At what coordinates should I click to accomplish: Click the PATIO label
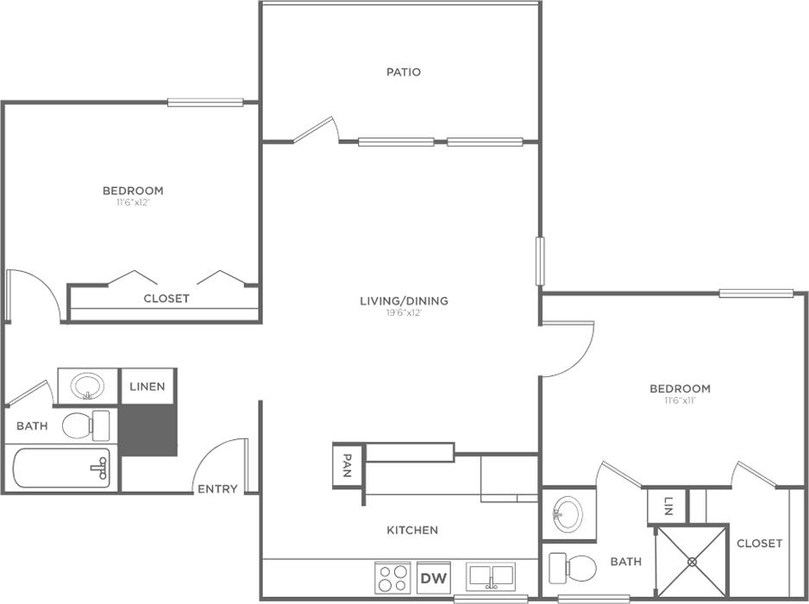[x=404, y=72]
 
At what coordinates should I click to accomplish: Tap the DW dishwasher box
[x=433, y=577]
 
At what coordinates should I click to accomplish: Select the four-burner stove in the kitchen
[x=392, y=577]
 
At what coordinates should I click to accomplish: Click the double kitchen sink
[x=490, y=576]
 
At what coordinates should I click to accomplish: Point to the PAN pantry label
[x=348, y=465]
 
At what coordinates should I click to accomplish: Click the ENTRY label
[x=217, y=489]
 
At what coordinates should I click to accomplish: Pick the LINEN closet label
[x=147, y=387]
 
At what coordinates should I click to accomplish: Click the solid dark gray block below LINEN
[x=148, y=430]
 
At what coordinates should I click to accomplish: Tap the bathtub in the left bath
[x=61, y=469]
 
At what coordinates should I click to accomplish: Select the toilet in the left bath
[x=86, y=426]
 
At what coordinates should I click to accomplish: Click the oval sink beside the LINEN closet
[x=87, y=387]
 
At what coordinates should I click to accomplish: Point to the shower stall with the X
[x=692, y=562]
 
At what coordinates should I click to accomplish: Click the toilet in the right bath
[x=572, y=568]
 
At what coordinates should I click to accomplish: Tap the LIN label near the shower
[x=668, y=506]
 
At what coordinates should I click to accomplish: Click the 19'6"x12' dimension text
[x=404, y=313]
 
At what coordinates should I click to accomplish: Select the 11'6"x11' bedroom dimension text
[x=680, y=400]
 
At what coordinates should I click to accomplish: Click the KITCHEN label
[x=412, y=530]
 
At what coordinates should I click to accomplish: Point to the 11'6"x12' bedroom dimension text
[x=133, y=203]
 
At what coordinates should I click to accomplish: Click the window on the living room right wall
[x=540, y=261]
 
